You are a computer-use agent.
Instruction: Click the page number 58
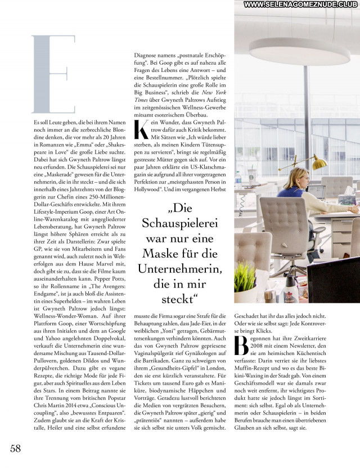coord(15,448)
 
